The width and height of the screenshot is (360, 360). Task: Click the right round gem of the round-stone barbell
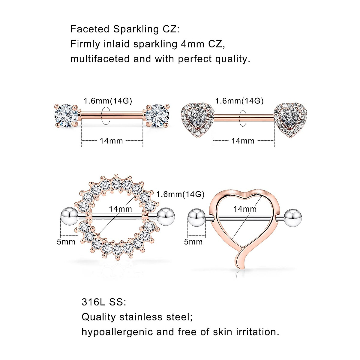(157, 115)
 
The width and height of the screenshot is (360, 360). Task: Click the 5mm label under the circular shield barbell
(66, 242)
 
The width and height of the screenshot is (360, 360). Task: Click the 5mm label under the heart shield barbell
(193, 242)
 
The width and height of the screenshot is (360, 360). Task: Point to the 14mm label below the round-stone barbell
(111, 141)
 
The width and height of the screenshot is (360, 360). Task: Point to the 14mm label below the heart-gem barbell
(243, 141)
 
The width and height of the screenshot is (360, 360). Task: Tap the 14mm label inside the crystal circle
(120, 209)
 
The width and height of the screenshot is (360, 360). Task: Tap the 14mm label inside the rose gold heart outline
(245, 209)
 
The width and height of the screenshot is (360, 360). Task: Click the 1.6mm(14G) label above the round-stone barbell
(108, 101)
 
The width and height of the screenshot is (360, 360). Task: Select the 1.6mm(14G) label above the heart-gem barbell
(239, 101)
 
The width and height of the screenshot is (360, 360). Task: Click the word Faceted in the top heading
(90, 29)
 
